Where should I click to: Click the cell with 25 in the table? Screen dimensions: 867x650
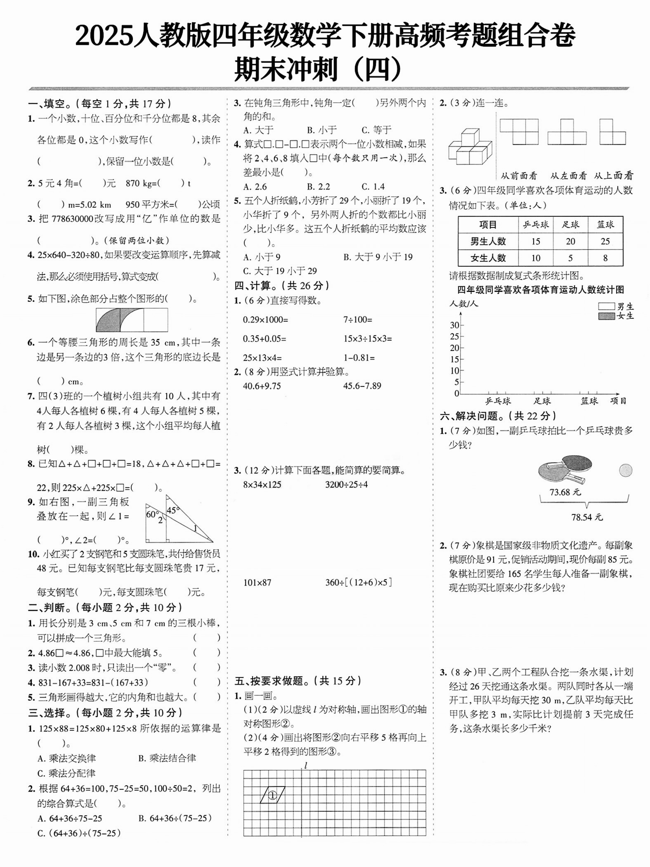pos(605,241)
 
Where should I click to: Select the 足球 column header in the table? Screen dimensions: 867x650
pos(570,225)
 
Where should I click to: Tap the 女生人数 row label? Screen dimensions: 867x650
pos(488,258)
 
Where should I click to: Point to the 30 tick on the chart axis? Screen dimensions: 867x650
pos(454,325)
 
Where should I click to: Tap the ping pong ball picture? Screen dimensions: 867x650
pos(626,470)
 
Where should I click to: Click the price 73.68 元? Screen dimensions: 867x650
pos(565,492)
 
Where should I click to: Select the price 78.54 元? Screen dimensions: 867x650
pos(587,517)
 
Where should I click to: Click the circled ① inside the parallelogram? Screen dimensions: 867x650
pos(272,795)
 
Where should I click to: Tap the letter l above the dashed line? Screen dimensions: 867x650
pos(305,765)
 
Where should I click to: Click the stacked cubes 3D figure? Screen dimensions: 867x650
pos(469,147)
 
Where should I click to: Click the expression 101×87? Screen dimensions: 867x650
pos(257,582)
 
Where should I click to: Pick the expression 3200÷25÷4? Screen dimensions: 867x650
pos(346,484)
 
